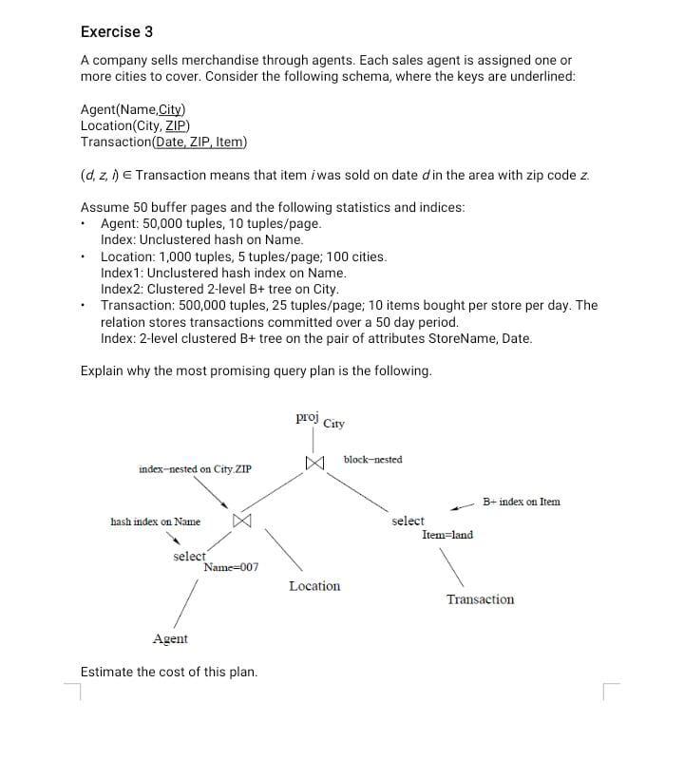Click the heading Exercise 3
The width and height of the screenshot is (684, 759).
click(117, 31)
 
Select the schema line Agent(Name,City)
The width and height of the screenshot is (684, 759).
click(134, 109)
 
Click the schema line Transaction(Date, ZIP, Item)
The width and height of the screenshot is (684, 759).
click(163, 142)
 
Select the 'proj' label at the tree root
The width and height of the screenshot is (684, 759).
click(307, 416)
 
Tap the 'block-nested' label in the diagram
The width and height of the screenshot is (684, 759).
click(372, 460)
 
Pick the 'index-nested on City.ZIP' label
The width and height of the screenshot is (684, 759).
click(194, 469)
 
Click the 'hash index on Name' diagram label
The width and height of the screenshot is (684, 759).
click(155, 522)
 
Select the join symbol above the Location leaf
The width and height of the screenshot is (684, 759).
click(241, 522)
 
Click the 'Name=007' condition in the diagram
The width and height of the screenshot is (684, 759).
click(231, 567)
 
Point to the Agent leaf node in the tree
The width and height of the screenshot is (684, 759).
click(170, 639)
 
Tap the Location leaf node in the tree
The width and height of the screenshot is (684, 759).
click(314, 586)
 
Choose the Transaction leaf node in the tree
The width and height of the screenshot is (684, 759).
click(480, 599)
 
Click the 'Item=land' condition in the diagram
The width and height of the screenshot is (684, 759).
click(447, 535)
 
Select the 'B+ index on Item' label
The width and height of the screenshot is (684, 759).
click(521, 502)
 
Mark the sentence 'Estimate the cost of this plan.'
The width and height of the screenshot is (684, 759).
click(169, 672)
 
